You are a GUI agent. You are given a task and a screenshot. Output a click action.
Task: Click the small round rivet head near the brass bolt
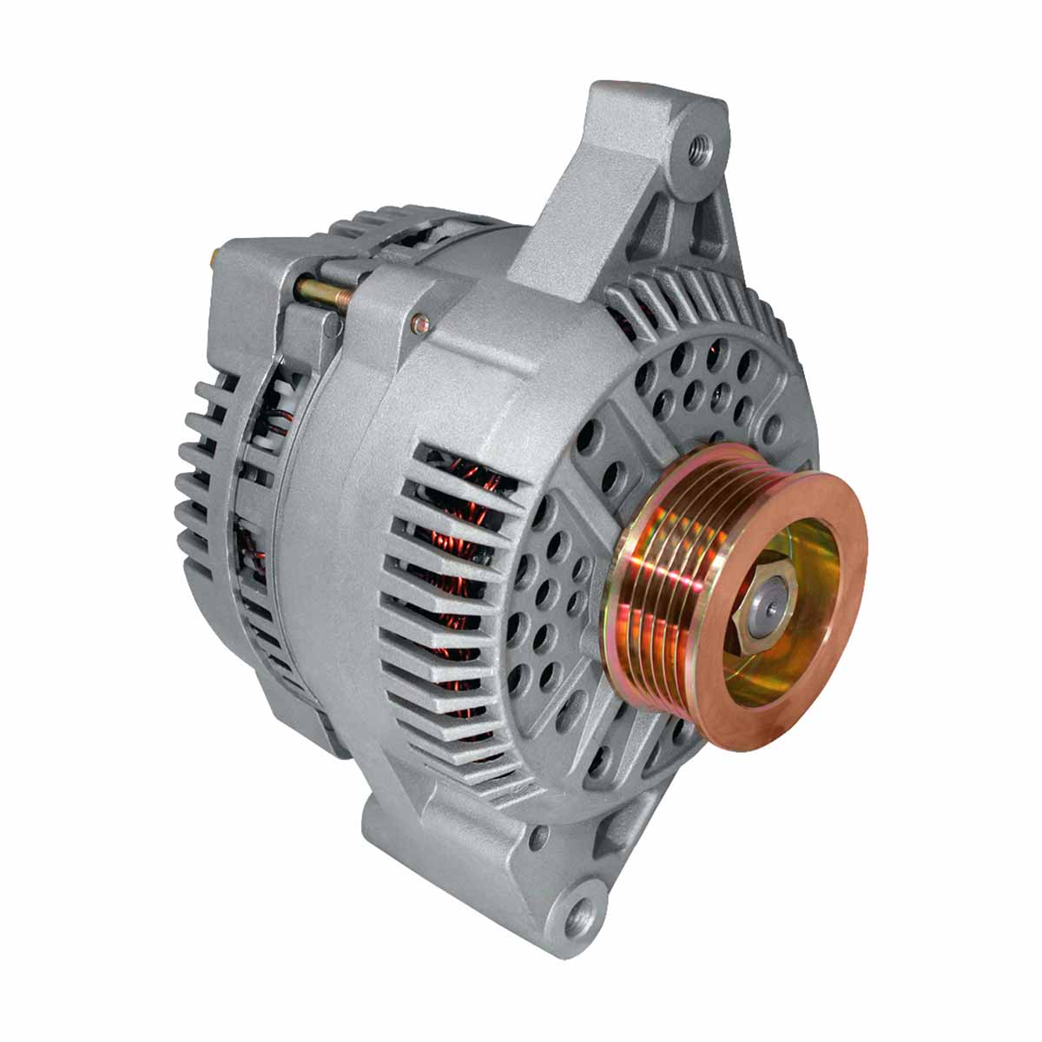pyautogui.click(x=422, y=323)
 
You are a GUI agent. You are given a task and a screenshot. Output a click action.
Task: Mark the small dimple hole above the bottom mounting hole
pyautogui.click(x=541, y=837)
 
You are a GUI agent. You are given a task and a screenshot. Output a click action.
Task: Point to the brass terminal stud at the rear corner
pyautogui.click(x=214, y=259)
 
